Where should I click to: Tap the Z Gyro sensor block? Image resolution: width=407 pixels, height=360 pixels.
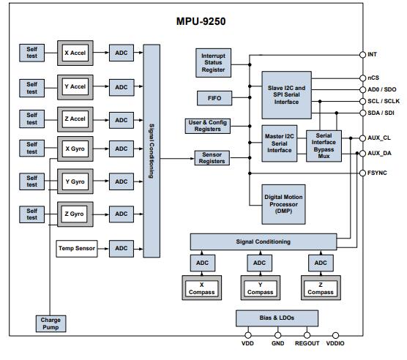point(75,214)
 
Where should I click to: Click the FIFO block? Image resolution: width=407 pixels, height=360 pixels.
point(213,97)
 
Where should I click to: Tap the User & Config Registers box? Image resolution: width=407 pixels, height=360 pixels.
point(207,126)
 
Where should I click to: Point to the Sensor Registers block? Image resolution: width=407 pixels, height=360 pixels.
point(213,157)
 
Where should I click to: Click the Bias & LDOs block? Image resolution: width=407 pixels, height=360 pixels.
point(277,318)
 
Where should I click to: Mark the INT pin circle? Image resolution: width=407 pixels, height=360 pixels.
point(362,55)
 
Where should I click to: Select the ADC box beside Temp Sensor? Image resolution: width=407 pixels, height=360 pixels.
point(121,249)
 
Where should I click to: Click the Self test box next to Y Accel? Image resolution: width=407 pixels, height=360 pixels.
point(32,87)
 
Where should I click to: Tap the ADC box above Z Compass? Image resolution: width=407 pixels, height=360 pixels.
point(321,263)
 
